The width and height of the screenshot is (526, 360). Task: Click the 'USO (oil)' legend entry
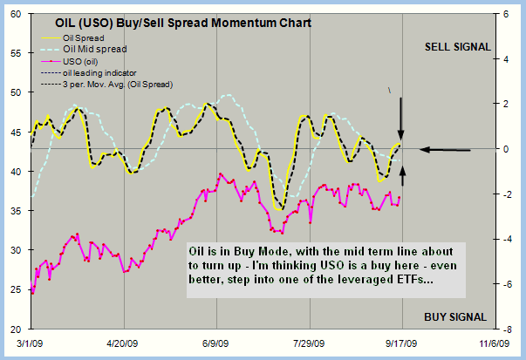click(x=85, y=61)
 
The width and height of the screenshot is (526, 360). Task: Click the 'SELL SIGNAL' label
click(x=456, y=46)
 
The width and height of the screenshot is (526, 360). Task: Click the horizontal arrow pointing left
click(x=445, y=150)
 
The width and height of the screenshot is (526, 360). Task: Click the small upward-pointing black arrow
click(x=401, y=174)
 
